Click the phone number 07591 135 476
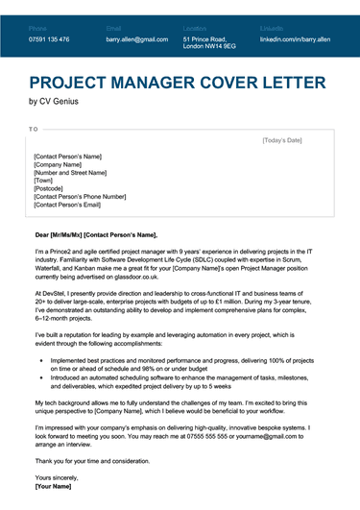[49, 39]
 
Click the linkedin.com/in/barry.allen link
[295, 39]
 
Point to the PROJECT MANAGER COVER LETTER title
[178, 83]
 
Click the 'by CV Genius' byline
[54, 101]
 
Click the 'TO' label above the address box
[34, 128]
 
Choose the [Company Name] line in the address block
[60, 164]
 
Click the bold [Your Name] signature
[55, 486]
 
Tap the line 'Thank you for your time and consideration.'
[101, 461]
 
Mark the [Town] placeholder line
[43, 181]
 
